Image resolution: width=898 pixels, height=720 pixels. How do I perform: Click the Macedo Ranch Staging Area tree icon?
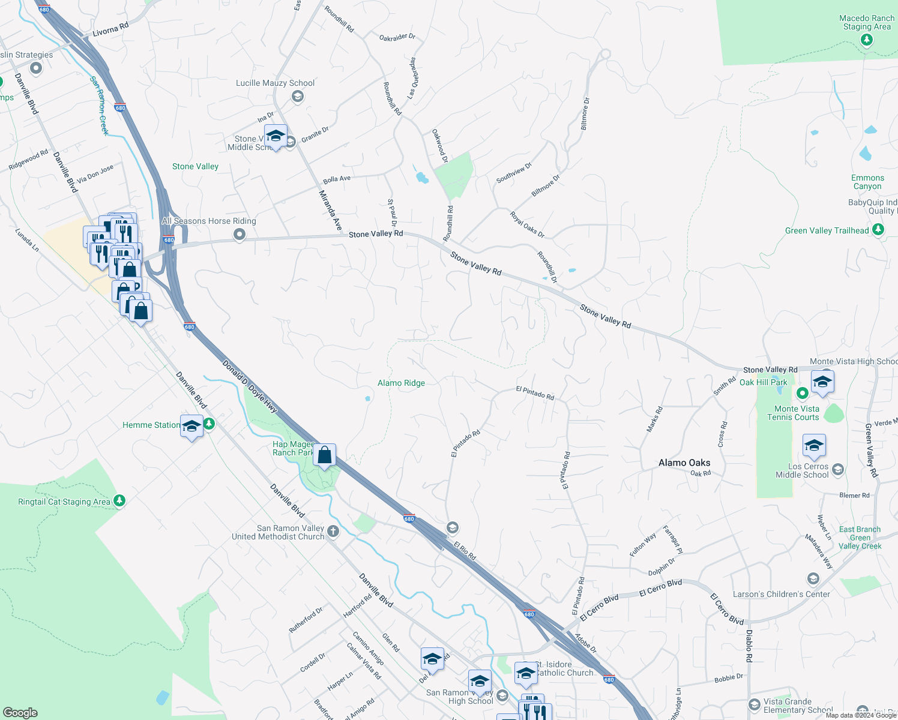pyautogui.click(x=866, y=40)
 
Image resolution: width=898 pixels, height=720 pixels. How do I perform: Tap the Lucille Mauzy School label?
pyautogui.click(x=275, y=83)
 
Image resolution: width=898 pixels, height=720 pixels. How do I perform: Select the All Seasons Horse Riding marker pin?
pyautogui.click(x=240, y=235)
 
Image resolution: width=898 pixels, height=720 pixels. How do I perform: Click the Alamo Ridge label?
pyautogui.click(x=401, y=383)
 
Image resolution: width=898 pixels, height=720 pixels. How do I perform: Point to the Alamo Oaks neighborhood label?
pyautogui.click(x=684, y=463)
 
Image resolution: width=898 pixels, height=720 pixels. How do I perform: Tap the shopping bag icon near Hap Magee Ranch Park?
pyautogui.click(x=324, y=455)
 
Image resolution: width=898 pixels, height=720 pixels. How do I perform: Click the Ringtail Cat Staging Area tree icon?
pyautogui.click(x=119, y=500)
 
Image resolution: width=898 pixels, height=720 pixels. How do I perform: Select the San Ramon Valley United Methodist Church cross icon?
pyautogui.click(x=333, y=532)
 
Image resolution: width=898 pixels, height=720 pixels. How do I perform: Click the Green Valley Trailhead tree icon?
pyautogui.click(x=878, y=230)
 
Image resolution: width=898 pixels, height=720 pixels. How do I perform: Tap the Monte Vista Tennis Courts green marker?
pyautogui.click(x=803, y=394)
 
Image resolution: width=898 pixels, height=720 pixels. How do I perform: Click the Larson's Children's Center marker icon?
pyautogui.click(x=813, y=578)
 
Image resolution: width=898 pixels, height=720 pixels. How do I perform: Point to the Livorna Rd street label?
pyautogui.click(x=110, y=30)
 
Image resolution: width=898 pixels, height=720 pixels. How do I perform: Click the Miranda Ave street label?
pyautogui.click(x=330, y=211)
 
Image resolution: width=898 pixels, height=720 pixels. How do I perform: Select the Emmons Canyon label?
pyautogui.click(x=867, y=182)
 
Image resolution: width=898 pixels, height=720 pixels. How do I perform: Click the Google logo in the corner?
pyautogui.click(x=20, y=712)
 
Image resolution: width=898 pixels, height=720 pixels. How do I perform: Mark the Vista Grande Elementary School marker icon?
pyautogui.click(x=755, y=704)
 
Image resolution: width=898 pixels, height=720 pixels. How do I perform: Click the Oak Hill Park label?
pyautogui.click(x=763, y=382)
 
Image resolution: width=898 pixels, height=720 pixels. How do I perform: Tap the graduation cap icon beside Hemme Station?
pyautogui.click(x=191, y=427)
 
